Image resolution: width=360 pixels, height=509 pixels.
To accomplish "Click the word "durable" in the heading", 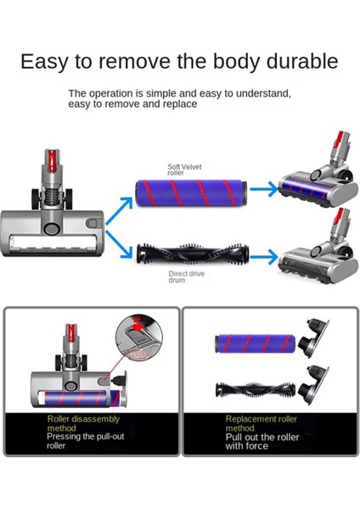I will click(291, 62).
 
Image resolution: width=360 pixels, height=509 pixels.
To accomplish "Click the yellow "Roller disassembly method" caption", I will click(83, 423).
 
